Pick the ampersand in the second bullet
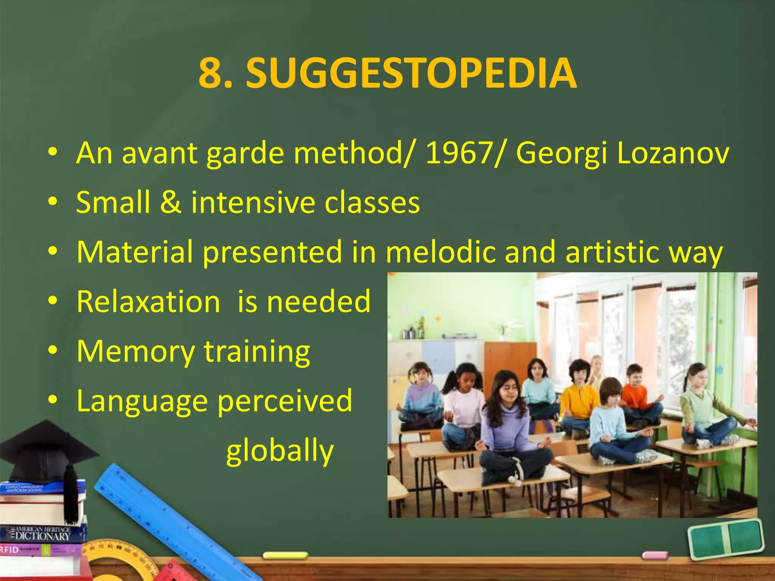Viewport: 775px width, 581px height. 171,202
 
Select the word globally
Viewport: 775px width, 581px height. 280,451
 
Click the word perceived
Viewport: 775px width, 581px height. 285,401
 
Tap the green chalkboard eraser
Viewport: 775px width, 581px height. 725,539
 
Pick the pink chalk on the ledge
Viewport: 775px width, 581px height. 655,555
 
